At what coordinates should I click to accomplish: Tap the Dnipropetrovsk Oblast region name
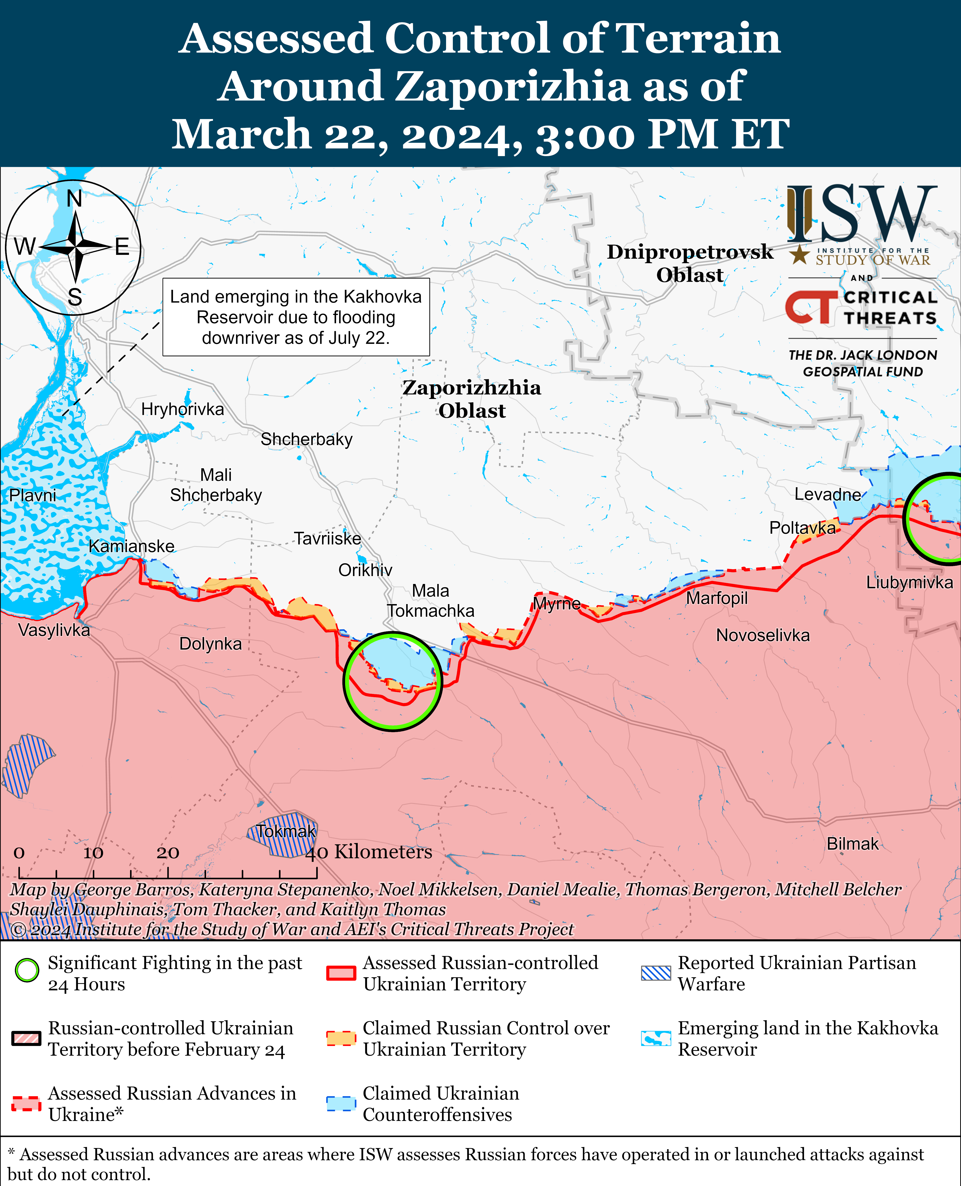point(690,263)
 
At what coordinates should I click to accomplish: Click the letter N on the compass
point(74,198)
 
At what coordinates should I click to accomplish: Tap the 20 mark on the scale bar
point(167,853)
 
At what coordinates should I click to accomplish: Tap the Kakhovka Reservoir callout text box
point(296,317)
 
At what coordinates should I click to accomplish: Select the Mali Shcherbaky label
point(216,485)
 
